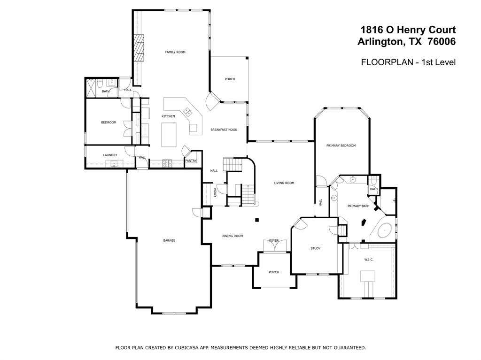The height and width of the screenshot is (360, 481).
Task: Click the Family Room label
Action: pos(175,52)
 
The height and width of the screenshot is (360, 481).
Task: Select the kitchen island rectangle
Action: pos(169,135)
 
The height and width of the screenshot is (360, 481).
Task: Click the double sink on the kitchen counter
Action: pos(188,112)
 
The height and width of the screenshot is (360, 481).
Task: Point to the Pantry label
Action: pos(191,161)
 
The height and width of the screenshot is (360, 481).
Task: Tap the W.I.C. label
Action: pos(369,260)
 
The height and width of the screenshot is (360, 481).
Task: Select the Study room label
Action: pos(315,248)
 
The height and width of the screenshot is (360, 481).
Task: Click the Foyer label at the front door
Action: pos(274,241)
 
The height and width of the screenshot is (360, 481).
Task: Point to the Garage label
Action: pos(169,240)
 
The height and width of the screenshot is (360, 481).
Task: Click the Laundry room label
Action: pos(110,155)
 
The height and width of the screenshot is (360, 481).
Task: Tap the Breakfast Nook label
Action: pos(224,130)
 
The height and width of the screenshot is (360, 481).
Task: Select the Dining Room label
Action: pos(232,236)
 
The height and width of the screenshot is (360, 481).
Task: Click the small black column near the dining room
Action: pos(257,220)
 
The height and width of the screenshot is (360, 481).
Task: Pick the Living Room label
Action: pos(284,183)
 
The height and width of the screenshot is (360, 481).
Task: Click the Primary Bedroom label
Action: pos(341,146)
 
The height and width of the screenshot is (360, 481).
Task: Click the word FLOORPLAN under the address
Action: pos(387,62)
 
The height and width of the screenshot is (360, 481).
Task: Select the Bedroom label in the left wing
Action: pos(109,123)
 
